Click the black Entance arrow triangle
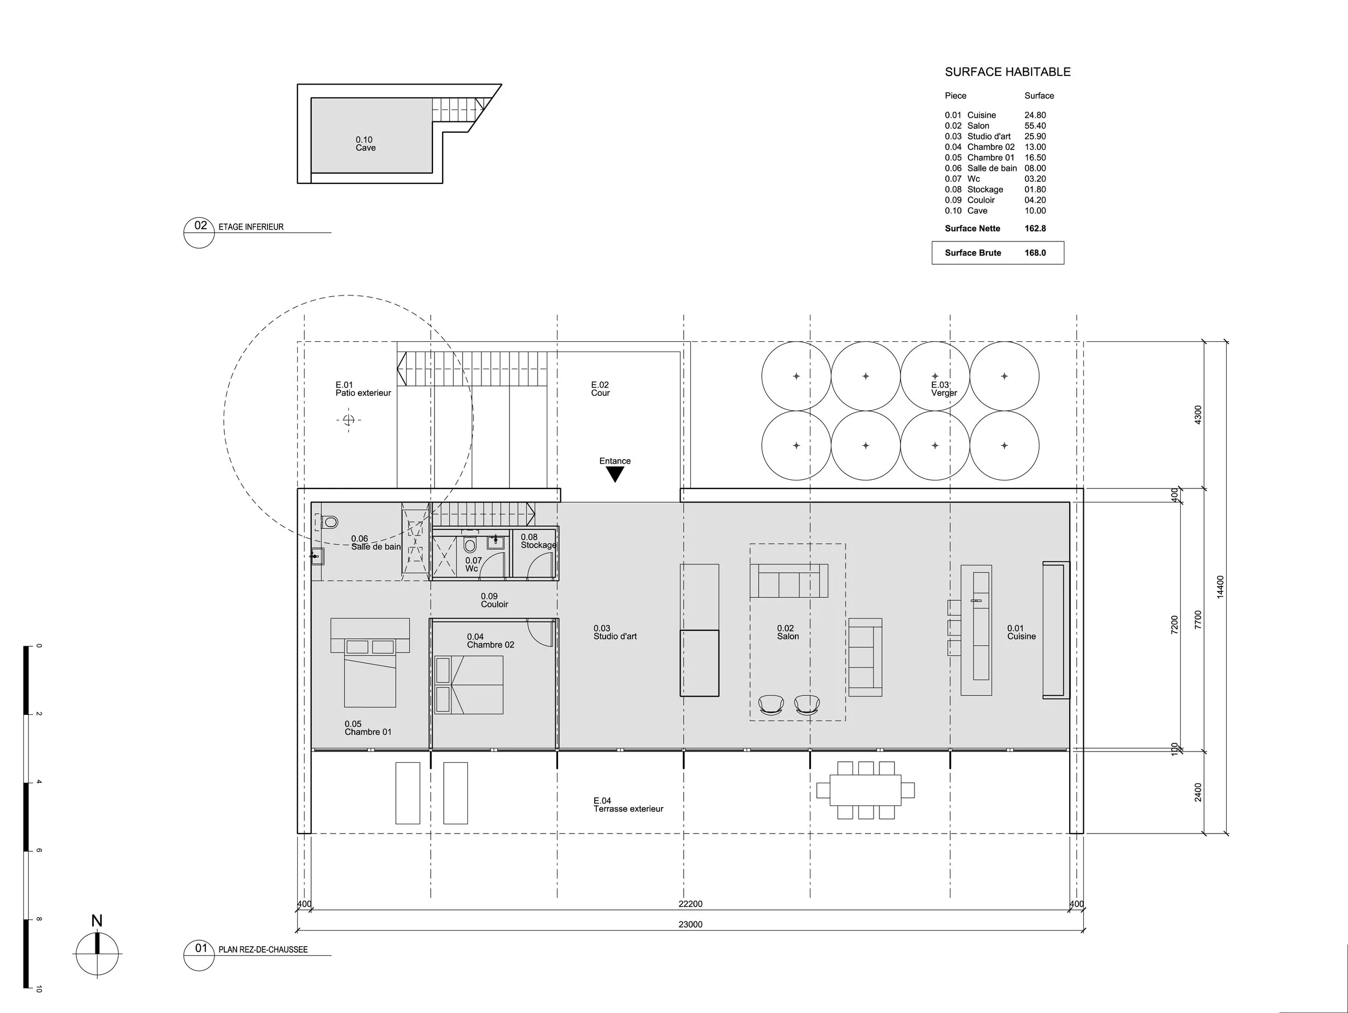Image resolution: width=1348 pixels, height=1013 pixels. click(615, 474)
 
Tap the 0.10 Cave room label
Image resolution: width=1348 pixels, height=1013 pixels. click(365, 144)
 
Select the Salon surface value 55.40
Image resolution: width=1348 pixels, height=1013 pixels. click(1035, 126)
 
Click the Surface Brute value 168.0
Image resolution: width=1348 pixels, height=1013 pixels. click(1035, 253)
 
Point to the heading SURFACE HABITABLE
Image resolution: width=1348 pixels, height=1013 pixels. click(1007, 72)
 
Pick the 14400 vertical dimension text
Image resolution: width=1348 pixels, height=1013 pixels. click(1220, 587)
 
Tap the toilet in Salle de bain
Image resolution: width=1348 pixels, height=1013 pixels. click(329, 522)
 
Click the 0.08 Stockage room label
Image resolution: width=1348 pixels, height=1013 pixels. click(538, 541)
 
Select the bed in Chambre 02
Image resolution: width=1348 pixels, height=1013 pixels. click(469, 684)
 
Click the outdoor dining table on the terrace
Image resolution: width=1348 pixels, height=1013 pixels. click(865, 790)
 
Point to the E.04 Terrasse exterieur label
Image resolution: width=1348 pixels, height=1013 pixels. click(628, 805)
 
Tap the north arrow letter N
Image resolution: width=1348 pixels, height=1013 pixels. click(97, 920)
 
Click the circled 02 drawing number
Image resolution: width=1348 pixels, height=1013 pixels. click(200, 226)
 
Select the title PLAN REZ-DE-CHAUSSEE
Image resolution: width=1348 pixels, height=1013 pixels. click(263, 949)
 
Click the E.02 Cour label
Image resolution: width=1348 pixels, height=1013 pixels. click(600, 389)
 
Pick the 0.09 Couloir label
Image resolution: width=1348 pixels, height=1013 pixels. click(493, 600)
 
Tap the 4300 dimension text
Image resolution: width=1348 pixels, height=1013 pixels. click(1198, 415)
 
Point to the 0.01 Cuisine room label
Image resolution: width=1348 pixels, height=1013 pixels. click(1021, 632)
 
